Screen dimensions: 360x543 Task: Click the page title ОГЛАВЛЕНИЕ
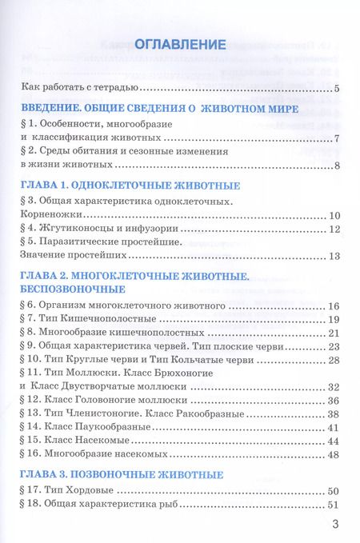[x=180, y=45]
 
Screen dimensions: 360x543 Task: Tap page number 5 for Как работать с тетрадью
[x=338, y=87]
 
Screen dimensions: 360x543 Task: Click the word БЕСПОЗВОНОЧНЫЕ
[x=68, y=289]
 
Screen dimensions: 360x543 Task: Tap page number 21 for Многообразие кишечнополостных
[x=334, y=333]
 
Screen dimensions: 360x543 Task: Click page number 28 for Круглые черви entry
[x=334, y=360]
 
